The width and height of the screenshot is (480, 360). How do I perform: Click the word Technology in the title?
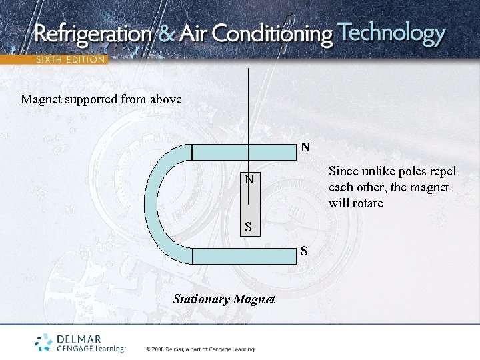(x=391, y=33)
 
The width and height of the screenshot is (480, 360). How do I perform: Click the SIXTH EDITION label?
(x=70, y=59)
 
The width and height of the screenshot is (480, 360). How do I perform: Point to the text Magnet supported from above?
(x=101, y=99)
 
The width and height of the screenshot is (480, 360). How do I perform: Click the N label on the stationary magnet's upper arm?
(x=305, y=147)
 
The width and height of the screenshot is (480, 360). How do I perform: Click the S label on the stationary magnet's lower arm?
(x=304, y=251)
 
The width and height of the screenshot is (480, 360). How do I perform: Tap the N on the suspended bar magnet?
(x=249, y=179)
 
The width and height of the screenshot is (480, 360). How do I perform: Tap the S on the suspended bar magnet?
(x=248, y=227)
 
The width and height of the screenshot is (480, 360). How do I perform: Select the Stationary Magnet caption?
(x=223, y=299)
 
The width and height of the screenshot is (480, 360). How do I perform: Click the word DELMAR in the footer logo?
(x=79, y=339)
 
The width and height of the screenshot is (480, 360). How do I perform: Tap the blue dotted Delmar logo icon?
(x=44, y=342)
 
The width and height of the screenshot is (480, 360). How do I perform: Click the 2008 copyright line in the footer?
(x=200, y=348)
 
